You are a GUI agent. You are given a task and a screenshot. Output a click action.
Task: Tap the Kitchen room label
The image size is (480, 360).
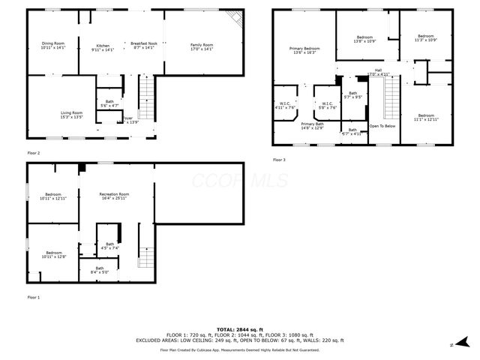[102, 45]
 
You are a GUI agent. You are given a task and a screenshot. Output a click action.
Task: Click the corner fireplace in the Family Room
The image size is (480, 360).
[235, 19]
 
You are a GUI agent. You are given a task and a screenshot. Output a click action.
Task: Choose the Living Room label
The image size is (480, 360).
[72, 114]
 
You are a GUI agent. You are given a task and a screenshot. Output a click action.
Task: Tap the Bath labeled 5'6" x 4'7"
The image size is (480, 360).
[109, 103]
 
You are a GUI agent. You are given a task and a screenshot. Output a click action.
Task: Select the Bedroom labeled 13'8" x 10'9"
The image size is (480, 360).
[364, 39]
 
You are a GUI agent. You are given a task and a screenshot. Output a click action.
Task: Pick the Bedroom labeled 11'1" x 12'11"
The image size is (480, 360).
[424, 116]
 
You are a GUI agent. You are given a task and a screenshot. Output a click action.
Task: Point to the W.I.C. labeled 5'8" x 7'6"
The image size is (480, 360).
[328, 105]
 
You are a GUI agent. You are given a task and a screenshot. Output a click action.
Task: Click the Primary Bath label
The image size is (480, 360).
[312, 125]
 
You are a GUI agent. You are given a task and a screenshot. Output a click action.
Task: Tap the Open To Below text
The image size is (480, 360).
[382, 126]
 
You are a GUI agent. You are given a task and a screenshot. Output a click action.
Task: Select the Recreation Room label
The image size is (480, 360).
[113, 196]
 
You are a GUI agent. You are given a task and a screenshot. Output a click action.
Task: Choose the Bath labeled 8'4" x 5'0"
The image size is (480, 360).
[100, 270]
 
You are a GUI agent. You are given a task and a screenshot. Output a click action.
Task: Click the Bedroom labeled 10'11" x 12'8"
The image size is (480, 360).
[53, 254]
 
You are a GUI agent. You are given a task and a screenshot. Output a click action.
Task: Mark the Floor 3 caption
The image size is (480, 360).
[279, 160]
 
